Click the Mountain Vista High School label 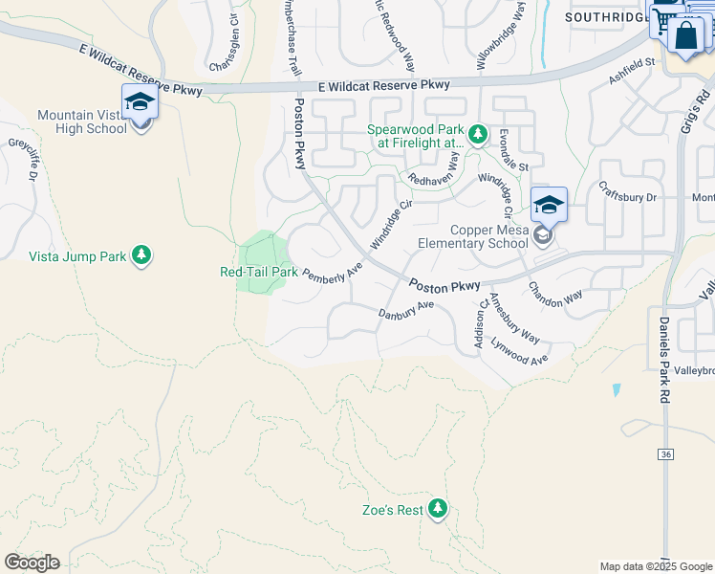[81, 121]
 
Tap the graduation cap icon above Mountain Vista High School [140, 102]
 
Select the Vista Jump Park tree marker [141, 254]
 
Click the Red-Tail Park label [259, 272]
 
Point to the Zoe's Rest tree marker [438, 508]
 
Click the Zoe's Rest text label [392, 510]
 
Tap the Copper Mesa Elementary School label [489, 236]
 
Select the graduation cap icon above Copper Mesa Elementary [549, 205]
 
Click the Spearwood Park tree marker [478, 133]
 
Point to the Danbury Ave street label [406, 310]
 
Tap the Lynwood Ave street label [519, 350]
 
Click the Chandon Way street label [555, 296]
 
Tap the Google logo [32, 563]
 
